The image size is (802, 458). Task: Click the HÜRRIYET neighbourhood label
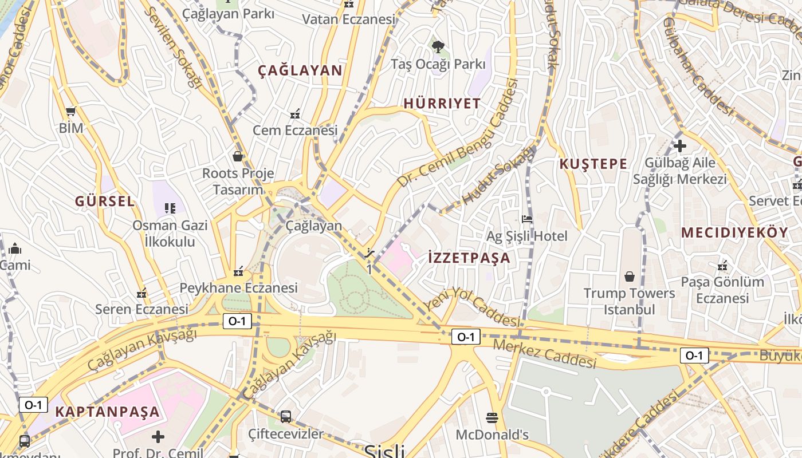[x=442, y=104]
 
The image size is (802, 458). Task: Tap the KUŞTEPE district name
[x=593, y=164]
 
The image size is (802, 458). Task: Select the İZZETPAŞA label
[x=469, y=258]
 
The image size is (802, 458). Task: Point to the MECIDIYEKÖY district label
[x=735, y=233]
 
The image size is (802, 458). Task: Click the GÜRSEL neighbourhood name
[x=105, y=202]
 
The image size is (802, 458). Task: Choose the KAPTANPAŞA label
[x=107, y=412]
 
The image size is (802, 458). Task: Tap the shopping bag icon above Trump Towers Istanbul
[x=630, y=277]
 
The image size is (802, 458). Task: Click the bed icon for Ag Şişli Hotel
[x=527, y=219]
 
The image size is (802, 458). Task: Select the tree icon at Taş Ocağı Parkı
[x=438, y=46]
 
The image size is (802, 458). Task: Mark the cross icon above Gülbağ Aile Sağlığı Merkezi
[x=680, y=146]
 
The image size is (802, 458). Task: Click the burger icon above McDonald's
[x=492, y=417]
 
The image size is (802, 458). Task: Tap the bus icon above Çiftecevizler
[x=286, y=416]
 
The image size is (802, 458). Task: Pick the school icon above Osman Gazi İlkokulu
[x=170, y=208]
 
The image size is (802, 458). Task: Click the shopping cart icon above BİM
[x=71, y=111]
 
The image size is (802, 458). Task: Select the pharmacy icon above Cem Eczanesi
[x=295, y=113]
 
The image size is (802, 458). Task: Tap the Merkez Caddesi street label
[x=544, y=354]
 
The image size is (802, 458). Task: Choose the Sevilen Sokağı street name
[x=174, y=48]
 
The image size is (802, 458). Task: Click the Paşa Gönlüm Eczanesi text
[x=722, y=290]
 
